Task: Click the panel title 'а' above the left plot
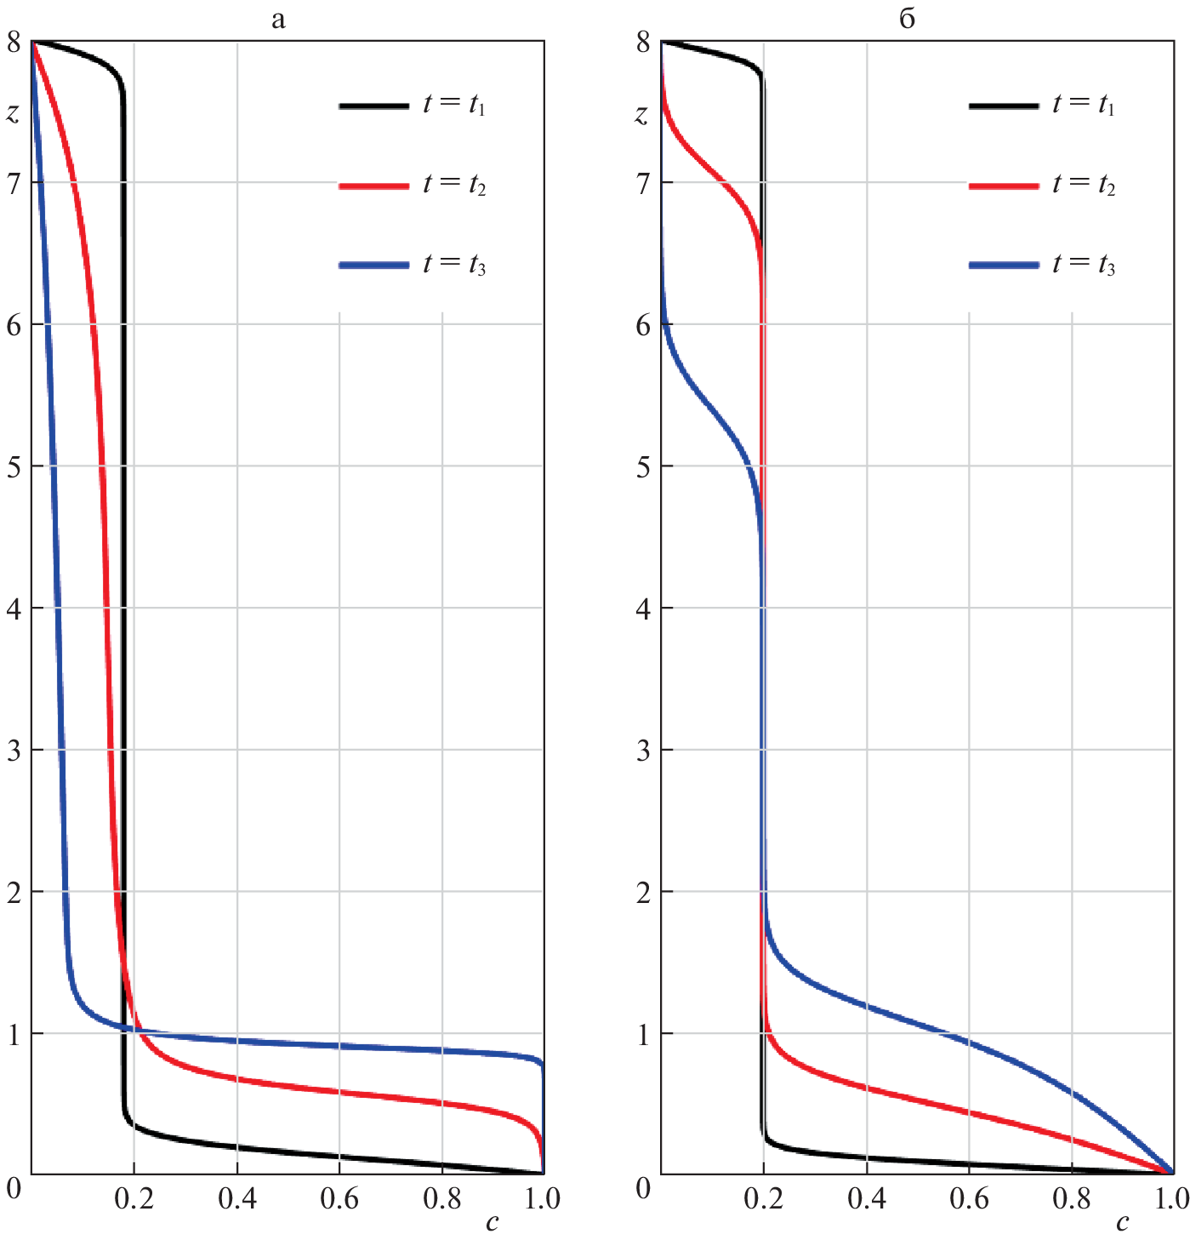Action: point(278,20)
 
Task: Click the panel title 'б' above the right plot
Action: point(908,19)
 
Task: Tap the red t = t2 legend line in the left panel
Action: point(374,186)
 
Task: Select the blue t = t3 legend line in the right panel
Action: point(1004,266)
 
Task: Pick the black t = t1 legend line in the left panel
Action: point(374,106)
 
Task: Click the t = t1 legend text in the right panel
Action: point(1083,105)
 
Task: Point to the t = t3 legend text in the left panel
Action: point(454,265)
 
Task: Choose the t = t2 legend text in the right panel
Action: point(1083,185)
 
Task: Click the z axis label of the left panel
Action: point(13,113)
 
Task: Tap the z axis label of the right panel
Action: point(642,113)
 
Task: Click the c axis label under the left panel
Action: point(493,1223)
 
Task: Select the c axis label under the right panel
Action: point(1123,1223)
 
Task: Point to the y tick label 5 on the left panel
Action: point(14,467)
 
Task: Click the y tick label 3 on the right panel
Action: point(643,751)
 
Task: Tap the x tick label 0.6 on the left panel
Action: point(339,1199)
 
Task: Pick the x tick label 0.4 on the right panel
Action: point(867,1199)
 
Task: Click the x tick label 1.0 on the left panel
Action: point(542,1199)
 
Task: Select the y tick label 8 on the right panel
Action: point(643,43)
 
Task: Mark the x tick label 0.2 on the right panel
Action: point(764,1199)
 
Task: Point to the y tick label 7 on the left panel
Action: point(14,184)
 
